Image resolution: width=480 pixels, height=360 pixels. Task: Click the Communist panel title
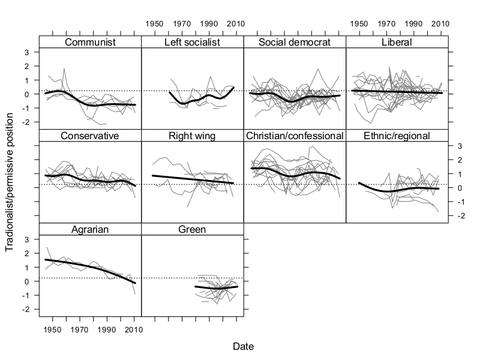[x=90, y=42]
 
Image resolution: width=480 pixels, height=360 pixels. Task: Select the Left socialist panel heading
[x=193, y=42]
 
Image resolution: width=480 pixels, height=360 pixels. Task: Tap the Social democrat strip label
[x=295, y=42]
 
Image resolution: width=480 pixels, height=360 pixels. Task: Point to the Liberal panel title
[x=397, y=42]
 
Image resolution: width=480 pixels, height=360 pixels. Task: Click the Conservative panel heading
[x=90, y=136]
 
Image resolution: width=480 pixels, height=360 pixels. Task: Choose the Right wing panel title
[x=193, y=136]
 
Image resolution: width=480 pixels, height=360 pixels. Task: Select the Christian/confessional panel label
[x=295, y=136]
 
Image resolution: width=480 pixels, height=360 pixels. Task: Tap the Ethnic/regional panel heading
[x=397, y=136]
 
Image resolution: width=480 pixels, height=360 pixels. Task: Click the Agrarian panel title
[x=90, y=229]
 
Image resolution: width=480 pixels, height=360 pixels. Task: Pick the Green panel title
[x=193, y=229]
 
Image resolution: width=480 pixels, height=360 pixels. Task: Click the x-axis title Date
[x=244, y=347]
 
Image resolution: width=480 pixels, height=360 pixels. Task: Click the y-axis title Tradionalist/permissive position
[x=10, y=180]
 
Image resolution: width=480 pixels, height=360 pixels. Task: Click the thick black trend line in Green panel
[x=216, y=288]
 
